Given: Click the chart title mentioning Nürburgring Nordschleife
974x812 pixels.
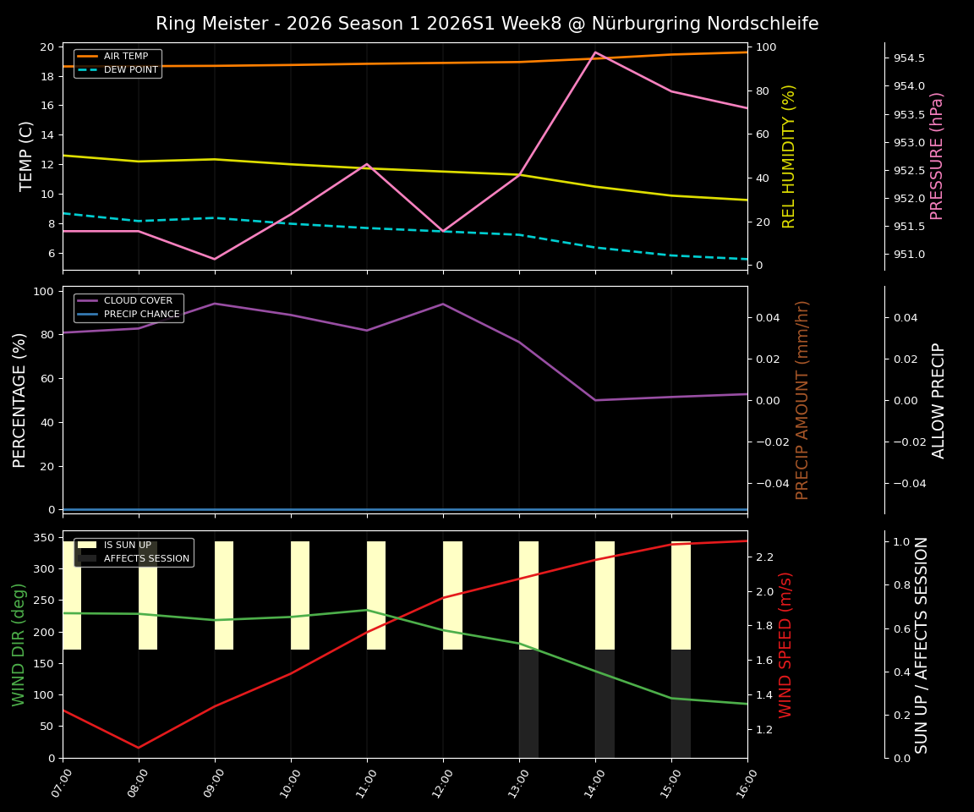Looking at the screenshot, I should click(487, 24).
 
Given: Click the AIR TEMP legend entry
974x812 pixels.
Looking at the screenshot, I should click(125, 57).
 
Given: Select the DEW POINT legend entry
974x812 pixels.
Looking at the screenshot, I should click(130, 70).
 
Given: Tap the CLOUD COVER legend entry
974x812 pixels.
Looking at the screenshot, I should click(138, 301).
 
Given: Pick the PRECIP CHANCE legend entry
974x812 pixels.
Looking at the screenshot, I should click(141, 315).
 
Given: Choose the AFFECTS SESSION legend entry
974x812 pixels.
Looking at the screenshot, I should click(146, 559).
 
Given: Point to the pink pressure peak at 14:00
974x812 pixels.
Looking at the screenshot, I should click(595, 52).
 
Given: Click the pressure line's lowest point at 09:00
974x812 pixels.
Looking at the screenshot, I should click(215, 259).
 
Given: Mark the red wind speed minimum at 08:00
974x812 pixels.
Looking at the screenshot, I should click(139, 748).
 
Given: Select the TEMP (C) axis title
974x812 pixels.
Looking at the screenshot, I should click(27, 156).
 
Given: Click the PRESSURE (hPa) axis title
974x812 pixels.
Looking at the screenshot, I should click(937, 156).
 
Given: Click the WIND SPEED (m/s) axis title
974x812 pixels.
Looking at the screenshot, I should click(786, 645).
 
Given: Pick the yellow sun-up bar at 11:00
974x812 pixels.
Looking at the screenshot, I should click(376, 595).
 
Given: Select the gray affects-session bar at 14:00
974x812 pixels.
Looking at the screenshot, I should click(605, 704).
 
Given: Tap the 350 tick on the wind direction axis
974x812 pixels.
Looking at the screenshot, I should click(46, 537).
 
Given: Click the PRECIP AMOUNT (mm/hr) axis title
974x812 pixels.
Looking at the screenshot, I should click(802, 399).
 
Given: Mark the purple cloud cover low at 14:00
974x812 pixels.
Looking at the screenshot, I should click(595, 400).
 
